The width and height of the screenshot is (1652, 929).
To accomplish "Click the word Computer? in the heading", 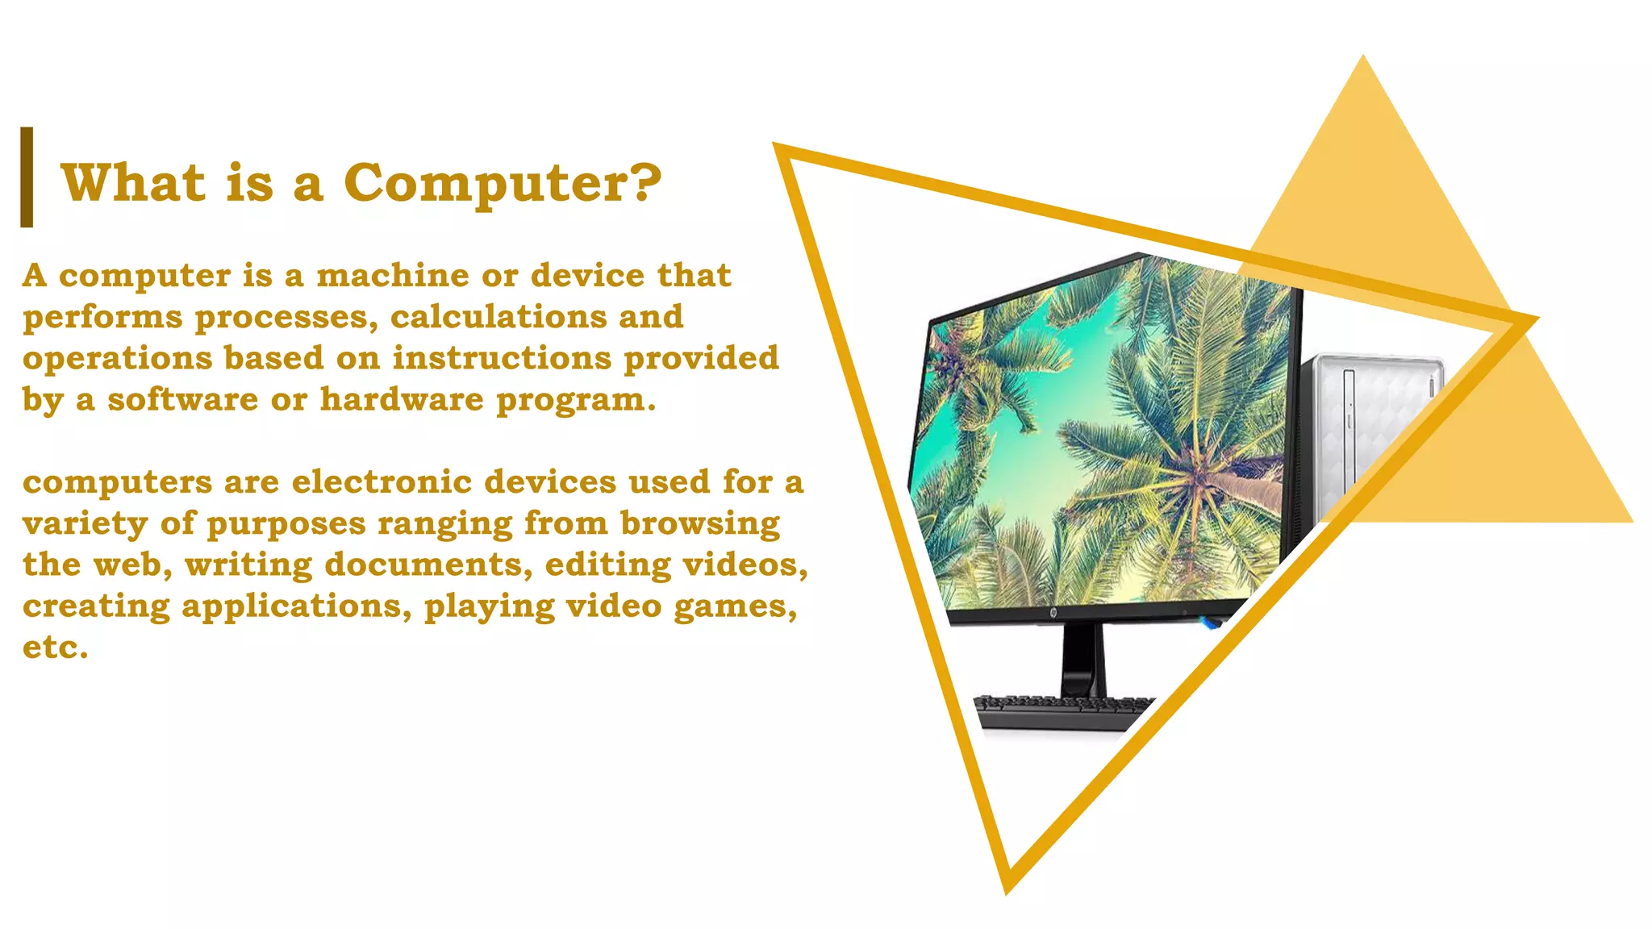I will point(502,184).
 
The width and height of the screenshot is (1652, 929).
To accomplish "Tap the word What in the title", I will point(133,182).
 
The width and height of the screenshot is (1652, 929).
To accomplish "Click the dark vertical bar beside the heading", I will point(27,177).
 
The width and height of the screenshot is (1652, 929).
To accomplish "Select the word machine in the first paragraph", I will point(392,276).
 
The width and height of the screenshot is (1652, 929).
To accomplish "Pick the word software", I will point(182,399).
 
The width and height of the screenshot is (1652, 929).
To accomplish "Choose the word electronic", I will point(381,482).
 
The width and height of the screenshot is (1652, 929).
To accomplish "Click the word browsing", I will point(699,524).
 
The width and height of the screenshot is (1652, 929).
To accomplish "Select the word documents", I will point(428,564).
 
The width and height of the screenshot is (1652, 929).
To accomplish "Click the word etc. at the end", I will point(55,648).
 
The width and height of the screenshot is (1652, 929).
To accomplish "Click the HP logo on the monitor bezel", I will point(1053,614).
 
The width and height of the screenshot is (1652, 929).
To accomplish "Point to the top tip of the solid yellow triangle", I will point(1363,58).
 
